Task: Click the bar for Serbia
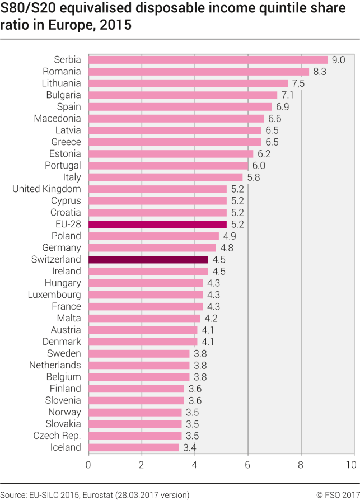click(x=208, y=59)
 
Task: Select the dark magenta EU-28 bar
click(x=157, y=224)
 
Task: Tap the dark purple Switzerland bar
click(x=148, y=259)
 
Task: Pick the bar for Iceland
click(x=133, y=447)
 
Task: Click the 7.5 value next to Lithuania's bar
click(x=299, y=83)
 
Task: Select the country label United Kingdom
click(x=46, y=189)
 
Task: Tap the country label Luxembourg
click(x=54, y=295)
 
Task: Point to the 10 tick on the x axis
click(x=351, y=465)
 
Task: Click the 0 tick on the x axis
click(x=88, y=465)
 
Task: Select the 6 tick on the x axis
click(x=247, y=465)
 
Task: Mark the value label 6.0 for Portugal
click(x=259, y=165)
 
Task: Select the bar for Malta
click(x=144, y=318)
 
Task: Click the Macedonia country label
click(x=57, y=118)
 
